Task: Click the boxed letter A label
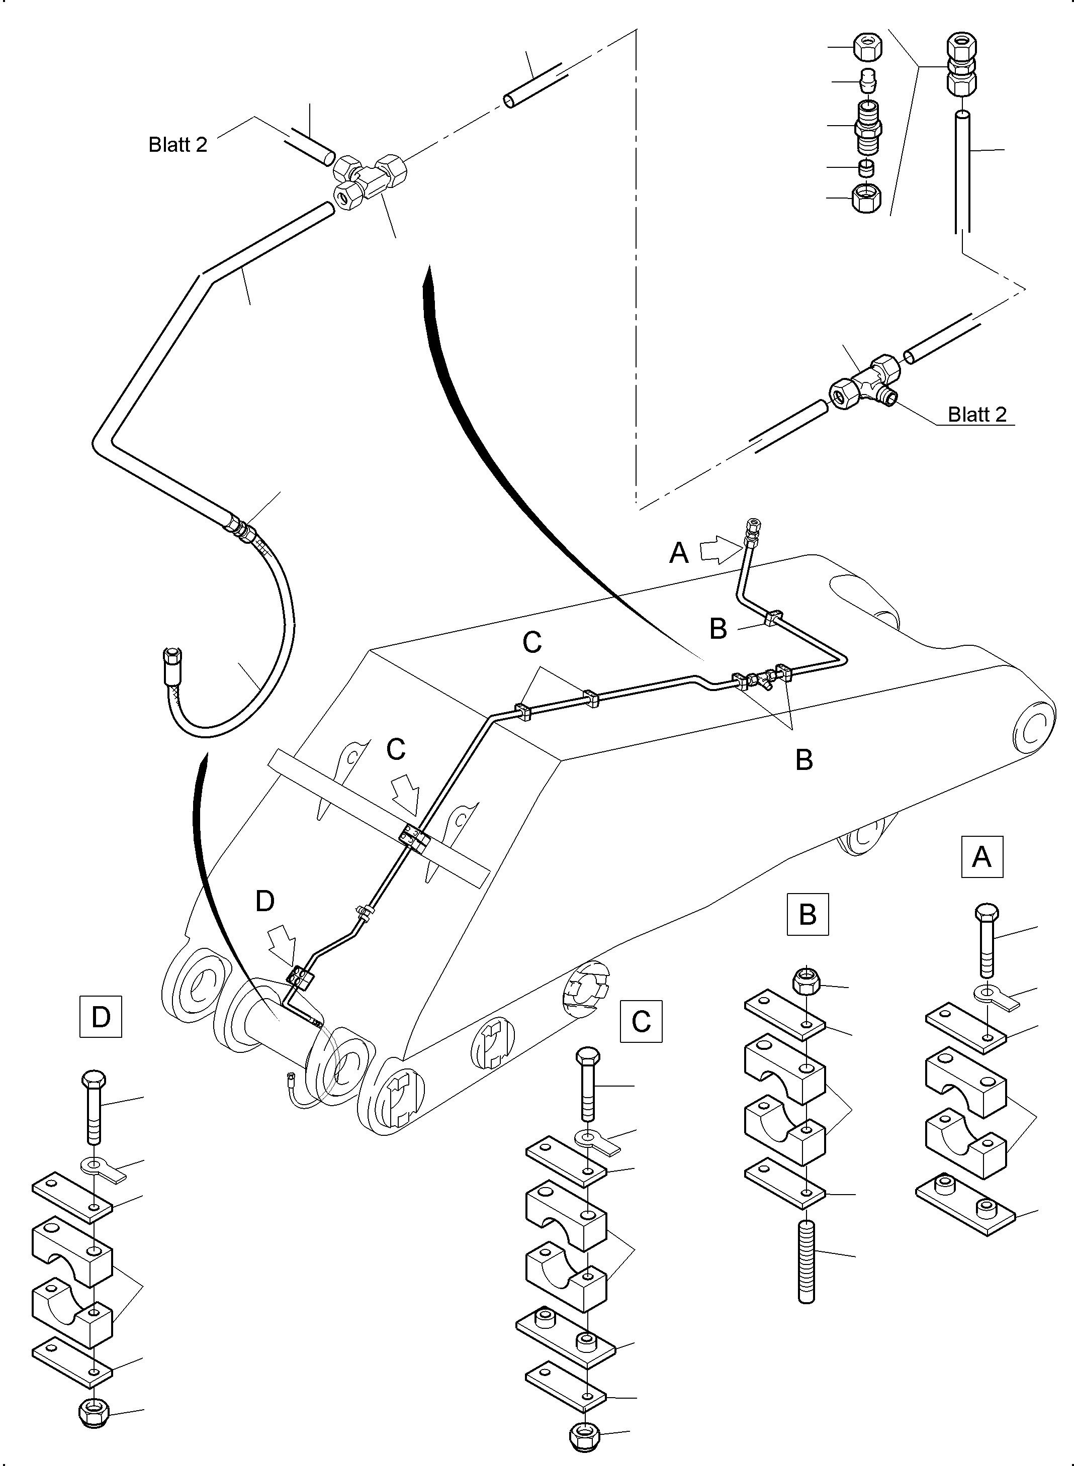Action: click(981, 857)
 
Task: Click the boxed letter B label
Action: click(808, 914)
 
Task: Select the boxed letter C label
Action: click(641, 1022)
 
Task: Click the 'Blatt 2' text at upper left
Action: click(177, 144)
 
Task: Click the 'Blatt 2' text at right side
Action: click(976, 414)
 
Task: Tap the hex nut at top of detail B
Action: click(806, 981)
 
